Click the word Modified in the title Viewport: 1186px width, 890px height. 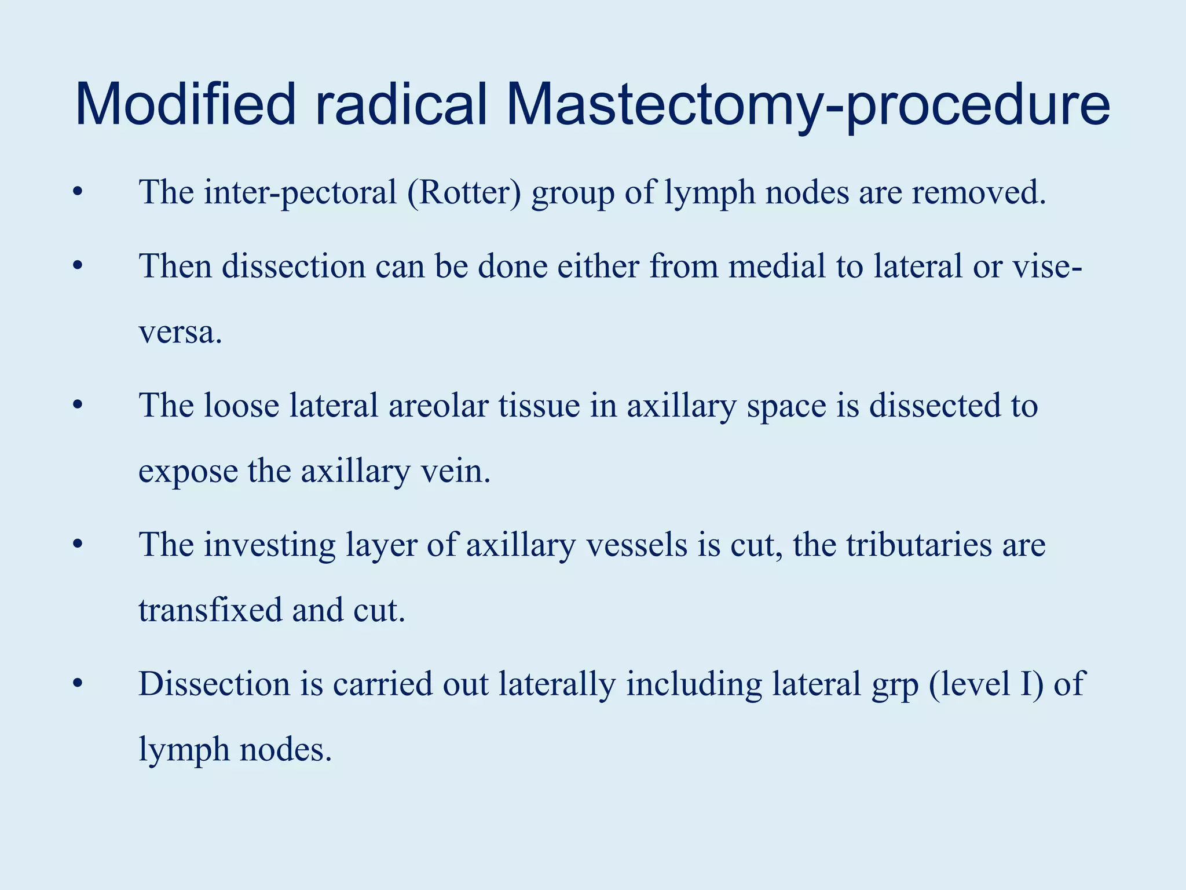point(185,105)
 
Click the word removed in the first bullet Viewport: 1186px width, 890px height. point(978,192)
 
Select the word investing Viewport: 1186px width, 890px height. point(269,546)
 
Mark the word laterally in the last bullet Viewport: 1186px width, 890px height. point(557,685)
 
